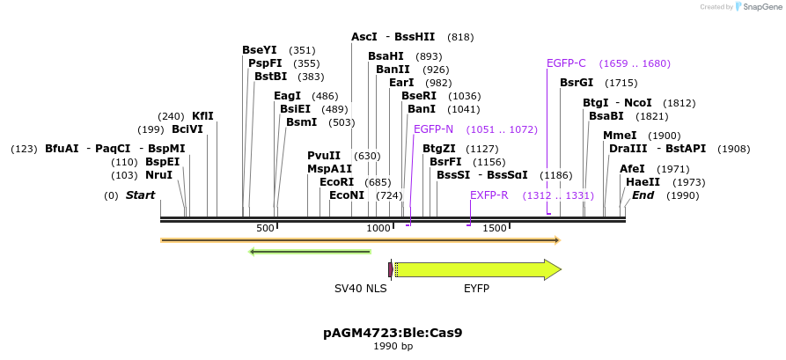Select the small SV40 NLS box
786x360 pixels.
(x=391, y=269)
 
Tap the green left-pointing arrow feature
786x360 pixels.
(x=310, y=252)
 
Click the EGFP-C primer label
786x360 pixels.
(x=566, y=63)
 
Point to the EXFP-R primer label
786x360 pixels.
(x=489, y=195)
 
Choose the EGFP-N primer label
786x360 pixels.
(x=433, y=129)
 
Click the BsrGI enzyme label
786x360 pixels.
(x=577, y=83)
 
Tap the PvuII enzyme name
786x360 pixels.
(x=324, y=156)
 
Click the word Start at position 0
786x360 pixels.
(x=141, y=195)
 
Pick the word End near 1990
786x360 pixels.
(x=643, y=195)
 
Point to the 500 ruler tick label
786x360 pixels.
(x=265, y=228)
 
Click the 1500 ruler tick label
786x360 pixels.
(x=495, y=228)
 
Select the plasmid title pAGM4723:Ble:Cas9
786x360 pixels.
(x=393, y=333)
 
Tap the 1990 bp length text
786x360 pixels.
(x=393, y=346)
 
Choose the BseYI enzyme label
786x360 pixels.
(x=260, y=50)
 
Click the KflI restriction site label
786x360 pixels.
(x=202, y=116)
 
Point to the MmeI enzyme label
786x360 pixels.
(x=620, y=136)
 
